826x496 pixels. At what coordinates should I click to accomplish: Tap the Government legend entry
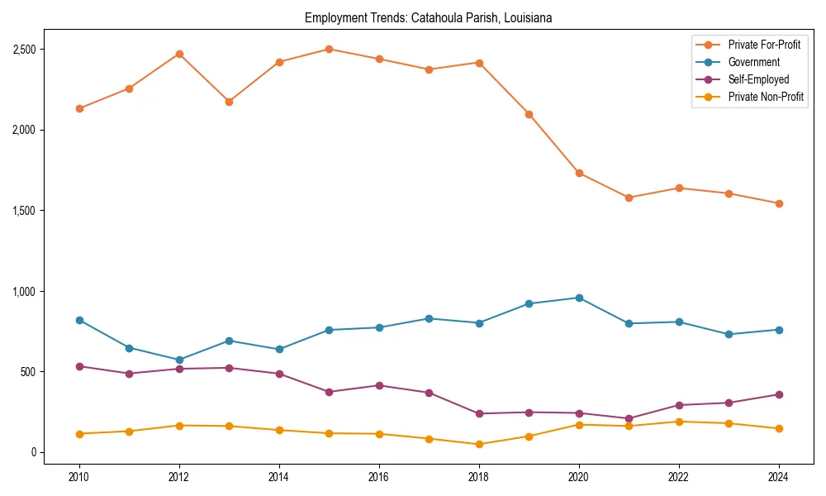click(x=753, y=62)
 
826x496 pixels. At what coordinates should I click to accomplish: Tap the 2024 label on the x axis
click(x=778, y=477)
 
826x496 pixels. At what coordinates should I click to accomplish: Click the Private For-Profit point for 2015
click(x=329, y=49)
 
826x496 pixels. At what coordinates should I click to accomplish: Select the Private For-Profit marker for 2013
click(x=229, y=102)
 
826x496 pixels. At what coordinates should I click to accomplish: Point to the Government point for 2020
click(x=579, y=298)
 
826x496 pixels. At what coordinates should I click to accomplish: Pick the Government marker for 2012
click(x=179, y=360)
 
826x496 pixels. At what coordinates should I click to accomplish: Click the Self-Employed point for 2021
click(x=629, y=418)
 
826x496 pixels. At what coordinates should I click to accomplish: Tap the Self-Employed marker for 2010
click(x=79, y=366)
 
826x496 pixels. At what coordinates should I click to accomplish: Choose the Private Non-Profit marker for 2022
click(x=679, y=422)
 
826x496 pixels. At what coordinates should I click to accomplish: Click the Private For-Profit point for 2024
click(x=778, y=203)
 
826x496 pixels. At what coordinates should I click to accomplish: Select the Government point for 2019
click(x=529, y=303)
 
